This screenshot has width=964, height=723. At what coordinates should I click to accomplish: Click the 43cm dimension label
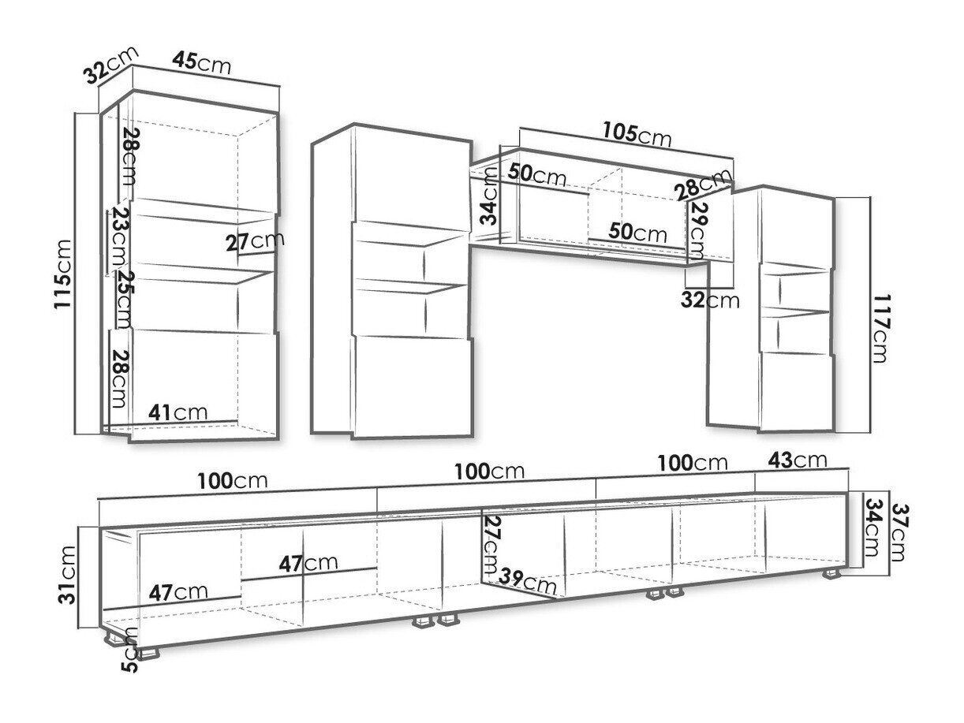[x=798, y=459]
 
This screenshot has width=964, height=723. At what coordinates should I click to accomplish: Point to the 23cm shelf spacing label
[x=118, y=237]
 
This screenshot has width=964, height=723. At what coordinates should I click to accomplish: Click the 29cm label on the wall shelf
[x=697, y=229]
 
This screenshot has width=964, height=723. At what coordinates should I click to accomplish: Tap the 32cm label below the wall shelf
[x=713, y=300]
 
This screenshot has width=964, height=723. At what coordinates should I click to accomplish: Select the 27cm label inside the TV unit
[x=492, y=545]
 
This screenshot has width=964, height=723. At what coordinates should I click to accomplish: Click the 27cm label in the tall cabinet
[x=254, y=240]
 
